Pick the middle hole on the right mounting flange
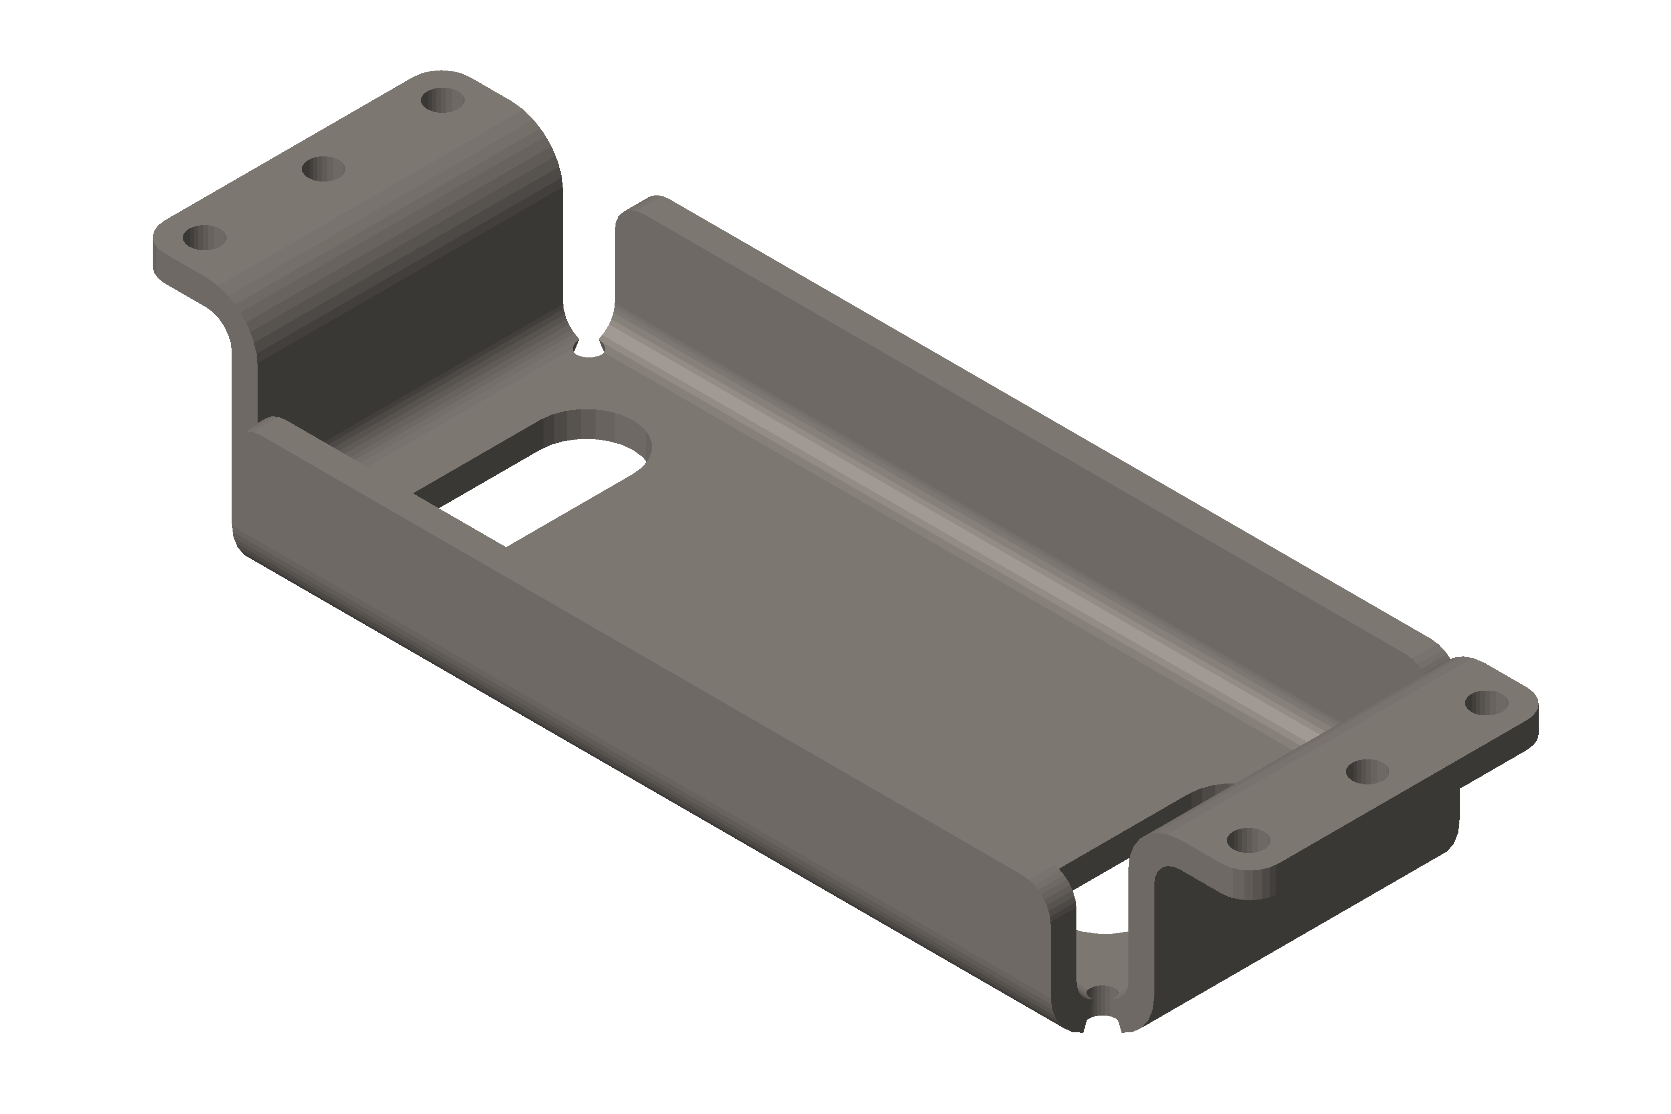(1367, 771)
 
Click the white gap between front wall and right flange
(1101, 902)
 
